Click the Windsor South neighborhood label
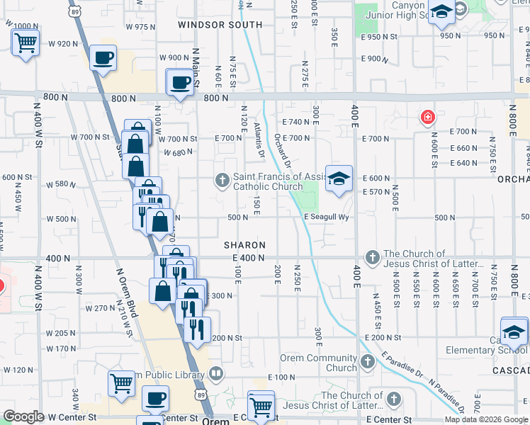[x=220, y=25]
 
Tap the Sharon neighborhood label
[x=244, y=244]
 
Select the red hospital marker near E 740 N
[x=427, y=117]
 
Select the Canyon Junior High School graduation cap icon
[x=441, y=11]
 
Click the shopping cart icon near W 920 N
[x=26, y=42]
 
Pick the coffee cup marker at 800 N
[x=180, y=82]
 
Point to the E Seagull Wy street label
[x=328, y=217]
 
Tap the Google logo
[x=24, y=417]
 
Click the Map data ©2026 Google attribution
[x=486, y=419]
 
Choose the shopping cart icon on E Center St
[x=261, y=406]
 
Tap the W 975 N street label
[x=140, y=26]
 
